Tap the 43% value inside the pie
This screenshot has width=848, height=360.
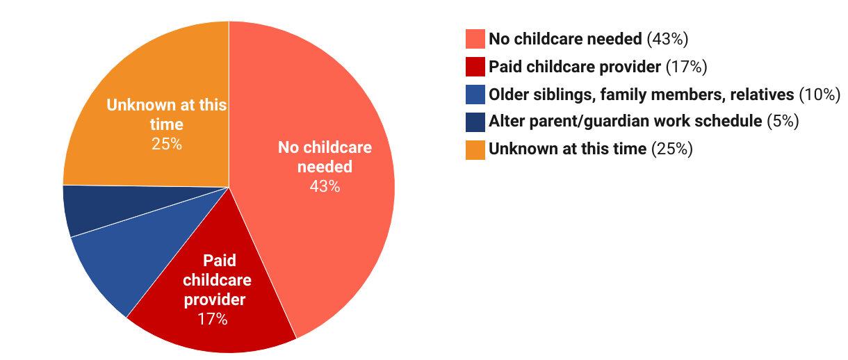(x=325, y=186)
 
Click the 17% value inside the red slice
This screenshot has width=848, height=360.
(x=213, y=319)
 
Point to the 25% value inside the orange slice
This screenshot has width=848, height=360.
(x=167, y=144)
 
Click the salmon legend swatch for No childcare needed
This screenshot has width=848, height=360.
(x=475, y=39)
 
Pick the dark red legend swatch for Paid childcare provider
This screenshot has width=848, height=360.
(x=475, y=67)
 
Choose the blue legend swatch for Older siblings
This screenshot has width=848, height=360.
(x=475, y=95)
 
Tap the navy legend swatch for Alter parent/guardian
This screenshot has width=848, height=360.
(x=475, y=122)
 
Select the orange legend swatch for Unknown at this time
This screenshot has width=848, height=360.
(x=475, y=150)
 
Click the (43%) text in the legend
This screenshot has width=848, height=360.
(x=667, y=39)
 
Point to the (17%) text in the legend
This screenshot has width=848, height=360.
(x=686, y=67)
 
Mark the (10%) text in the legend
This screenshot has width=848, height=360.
(x=820, y=95)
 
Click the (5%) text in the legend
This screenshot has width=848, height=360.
(x=783, y=121)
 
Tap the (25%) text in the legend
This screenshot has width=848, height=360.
(x=672, y=149)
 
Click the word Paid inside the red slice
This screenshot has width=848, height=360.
(x=220, y=261)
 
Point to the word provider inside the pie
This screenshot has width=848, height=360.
(x=215, y=300)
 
